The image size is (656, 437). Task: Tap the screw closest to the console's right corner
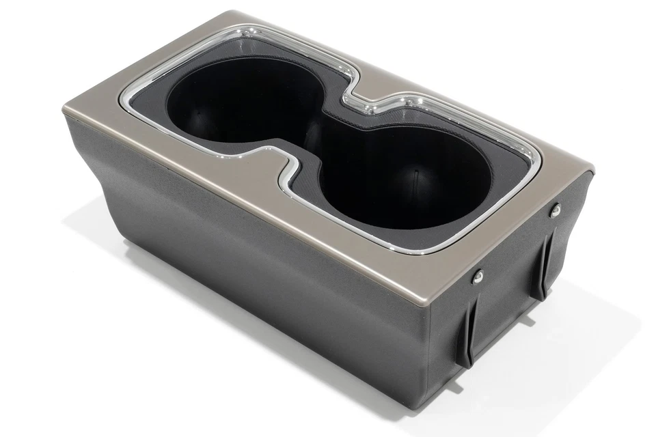pos(555,210)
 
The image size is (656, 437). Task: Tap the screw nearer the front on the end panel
pos(478,275)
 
